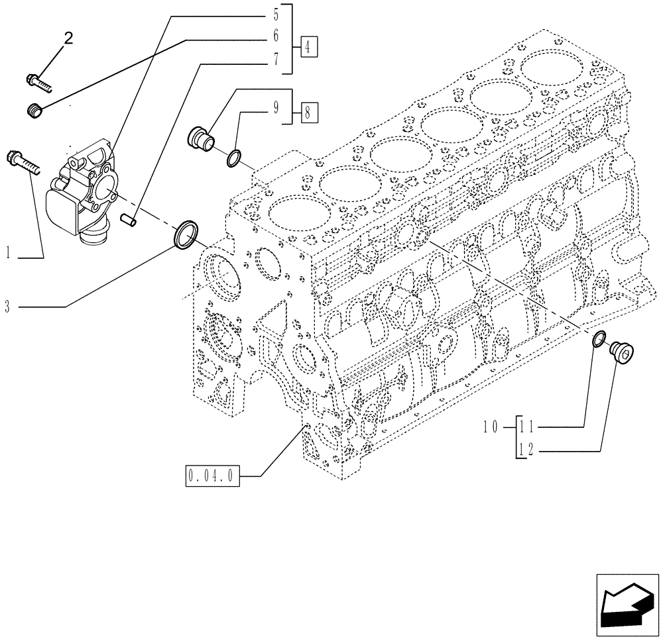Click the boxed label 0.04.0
212,475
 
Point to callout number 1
8,252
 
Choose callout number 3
8,307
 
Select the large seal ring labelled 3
185,236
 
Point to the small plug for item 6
37,111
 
